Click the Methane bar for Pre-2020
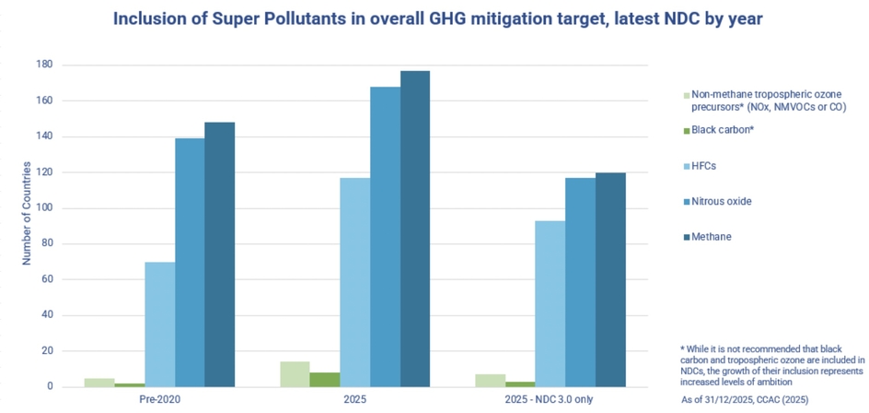coord(219,254)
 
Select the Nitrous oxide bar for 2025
coord(386,237)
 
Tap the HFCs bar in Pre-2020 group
coord(160,324)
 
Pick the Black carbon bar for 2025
coord(325,380)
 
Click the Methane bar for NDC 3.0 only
coord(610,279)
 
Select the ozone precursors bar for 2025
coord(295,374)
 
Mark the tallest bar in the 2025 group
coord(415,229)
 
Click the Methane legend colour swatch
coord(688,237)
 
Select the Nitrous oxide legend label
coord(724,201)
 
